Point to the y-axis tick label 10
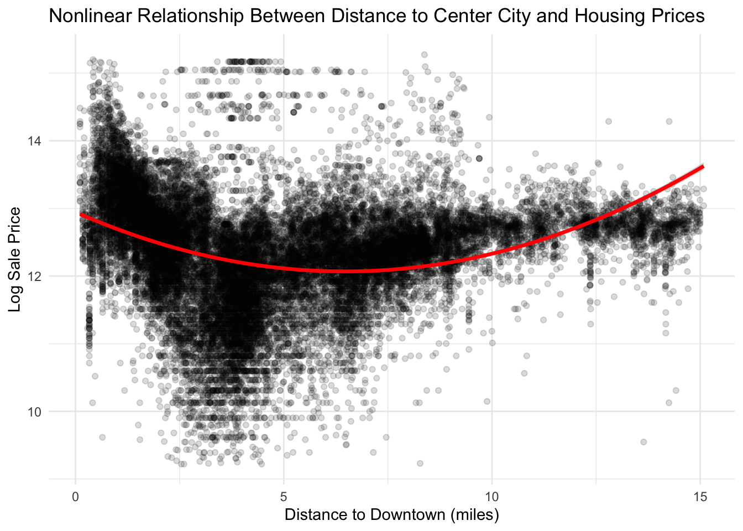coord(34,412)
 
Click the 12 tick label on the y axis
coord(34,276)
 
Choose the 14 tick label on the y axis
coord(34,141)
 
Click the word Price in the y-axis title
coord(15,223)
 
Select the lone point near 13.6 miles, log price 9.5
coord(643,442)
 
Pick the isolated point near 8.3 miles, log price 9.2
coord(420,463)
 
